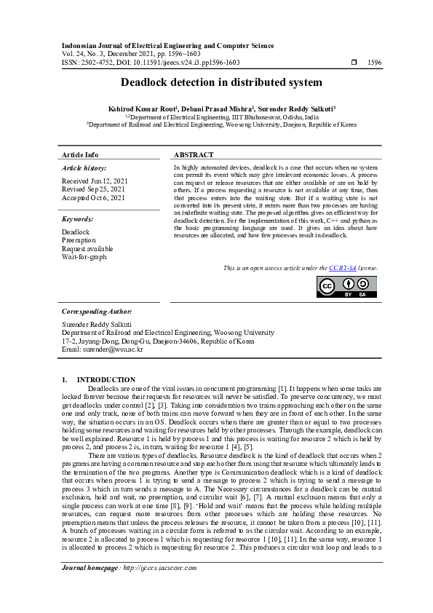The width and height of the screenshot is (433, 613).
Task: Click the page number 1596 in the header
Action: (x=374, y=63)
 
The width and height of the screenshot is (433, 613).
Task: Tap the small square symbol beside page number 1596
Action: (x=354, y=63)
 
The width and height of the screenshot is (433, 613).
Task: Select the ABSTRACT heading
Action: (x=194, y=155)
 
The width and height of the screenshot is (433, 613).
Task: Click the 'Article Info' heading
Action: (x=80, y=155)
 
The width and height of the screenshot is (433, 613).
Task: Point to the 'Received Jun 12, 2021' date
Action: (x=95, y=181)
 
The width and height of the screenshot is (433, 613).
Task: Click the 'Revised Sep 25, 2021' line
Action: (x=94, y=189)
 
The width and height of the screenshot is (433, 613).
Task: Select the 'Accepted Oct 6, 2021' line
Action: (x=93, y=197)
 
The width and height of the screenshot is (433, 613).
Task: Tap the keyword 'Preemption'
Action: (x=79, y=240)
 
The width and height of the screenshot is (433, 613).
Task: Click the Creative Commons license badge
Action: (x=346, y=286)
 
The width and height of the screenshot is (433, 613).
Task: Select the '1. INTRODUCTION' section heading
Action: (x=98, y=379)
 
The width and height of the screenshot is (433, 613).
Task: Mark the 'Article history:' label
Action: (x=84, y=167)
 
